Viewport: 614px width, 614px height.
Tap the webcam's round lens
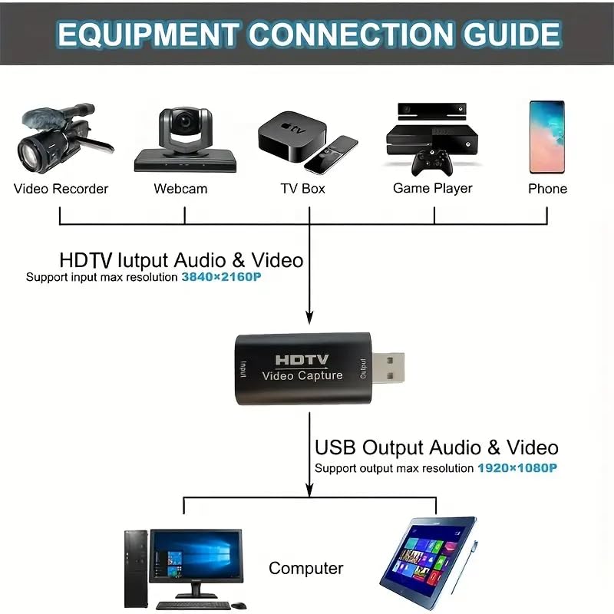[x=184, y=122]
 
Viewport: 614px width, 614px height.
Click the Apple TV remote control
[x=331, y=153]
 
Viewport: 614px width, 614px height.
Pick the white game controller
[x=432, y=162]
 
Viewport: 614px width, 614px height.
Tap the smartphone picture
[x=546, y=137]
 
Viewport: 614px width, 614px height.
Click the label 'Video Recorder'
[x=61, y=189]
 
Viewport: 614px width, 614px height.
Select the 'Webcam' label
[x=180, y=189]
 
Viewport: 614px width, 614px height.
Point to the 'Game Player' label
[x=432, y=189]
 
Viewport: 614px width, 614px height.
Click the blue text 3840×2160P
[x=221, y=278]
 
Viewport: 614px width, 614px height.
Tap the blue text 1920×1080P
[x=517, y=467]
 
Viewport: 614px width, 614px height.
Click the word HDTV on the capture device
[x=302, y=359]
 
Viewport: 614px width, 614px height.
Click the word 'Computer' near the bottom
[x=305, y=569]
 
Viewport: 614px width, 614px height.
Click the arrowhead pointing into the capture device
[x=309, y=316]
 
